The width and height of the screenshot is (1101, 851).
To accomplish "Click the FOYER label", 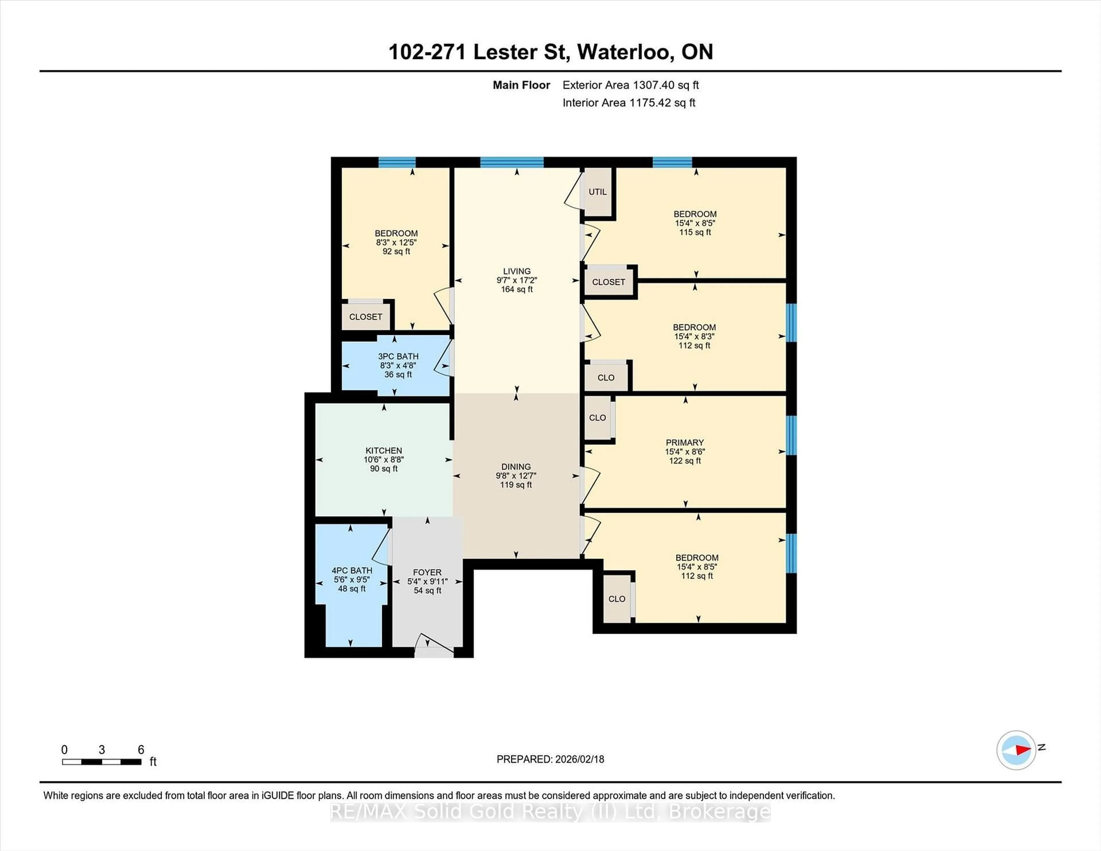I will point(427,572).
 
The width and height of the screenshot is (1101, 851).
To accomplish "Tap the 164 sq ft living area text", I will point(517,289).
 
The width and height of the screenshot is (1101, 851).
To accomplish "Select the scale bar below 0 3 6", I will point(101,762).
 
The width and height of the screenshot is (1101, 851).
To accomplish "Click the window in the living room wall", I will point(512,162).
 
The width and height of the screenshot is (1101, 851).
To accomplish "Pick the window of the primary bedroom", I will point(791,436).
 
